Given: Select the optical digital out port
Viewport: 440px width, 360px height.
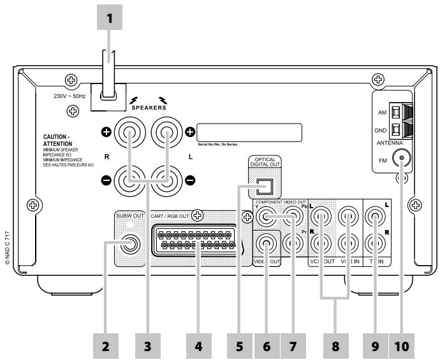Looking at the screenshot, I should click(x=263, y=187).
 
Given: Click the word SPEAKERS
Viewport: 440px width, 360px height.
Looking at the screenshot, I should click(x=152, y=108).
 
